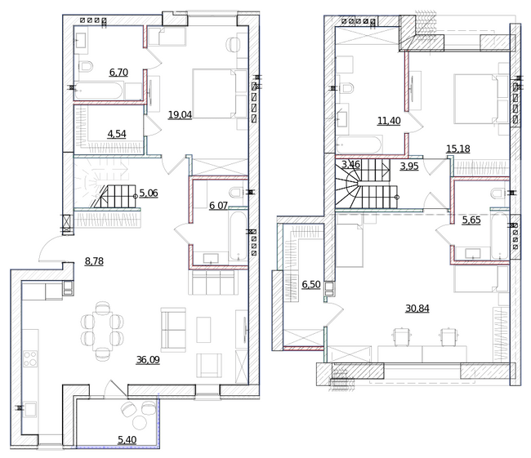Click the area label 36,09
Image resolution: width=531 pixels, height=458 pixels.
[148, 360]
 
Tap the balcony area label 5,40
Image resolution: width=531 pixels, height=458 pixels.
[127, 440]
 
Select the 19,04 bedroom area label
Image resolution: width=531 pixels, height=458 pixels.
[181, 115]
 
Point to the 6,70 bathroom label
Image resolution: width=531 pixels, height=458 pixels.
[118, 72]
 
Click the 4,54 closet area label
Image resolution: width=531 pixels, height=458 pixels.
[117, 134]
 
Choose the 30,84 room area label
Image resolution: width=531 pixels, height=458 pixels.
[417, 309]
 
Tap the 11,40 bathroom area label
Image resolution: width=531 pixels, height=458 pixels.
[389, 121]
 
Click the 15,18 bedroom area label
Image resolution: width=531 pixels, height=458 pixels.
[458, 149]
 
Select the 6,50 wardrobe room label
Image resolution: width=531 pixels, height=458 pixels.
[311, 284]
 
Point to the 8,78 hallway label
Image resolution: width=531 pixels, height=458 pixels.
[94, 261]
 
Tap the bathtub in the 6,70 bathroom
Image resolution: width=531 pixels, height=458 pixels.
[98, 91]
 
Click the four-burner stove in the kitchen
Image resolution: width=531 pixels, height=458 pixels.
[30, 358]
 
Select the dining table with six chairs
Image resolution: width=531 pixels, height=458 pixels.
[102, 331]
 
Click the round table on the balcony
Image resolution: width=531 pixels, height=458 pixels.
[139, 422]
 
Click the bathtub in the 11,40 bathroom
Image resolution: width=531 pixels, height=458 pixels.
[359, 145]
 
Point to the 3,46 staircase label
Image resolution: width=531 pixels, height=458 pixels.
[350, 165]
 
